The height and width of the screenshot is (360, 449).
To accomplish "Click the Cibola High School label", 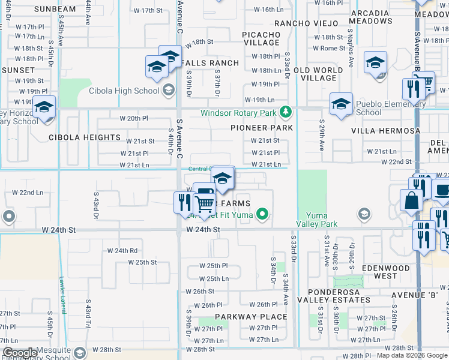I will [x=124, y=91].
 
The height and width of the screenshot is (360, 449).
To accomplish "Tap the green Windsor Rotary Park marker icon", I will [x=287, y=112].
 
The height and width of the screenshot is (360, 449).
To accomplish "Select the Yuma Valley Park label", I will [x=317, y=220].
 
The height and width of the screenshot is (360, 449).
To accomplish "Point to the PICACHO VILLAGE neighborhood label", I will [x=262, y=38].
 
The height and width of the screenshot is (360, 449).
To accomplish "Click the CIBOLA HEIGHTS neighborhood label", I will [x=85, y=137].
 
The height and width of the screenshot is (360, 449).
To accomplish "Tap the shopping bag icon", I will [x=412, y=201].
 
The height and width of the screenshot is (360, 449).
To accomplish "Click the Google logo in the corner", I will [x=20, y=353].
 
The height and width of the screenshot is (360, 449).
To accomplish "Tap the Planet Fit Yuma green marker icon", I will [x=262, y=213].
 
